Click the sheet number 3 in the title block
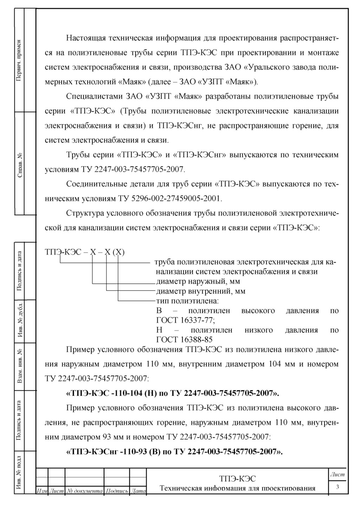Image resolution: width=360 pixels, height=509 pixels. (x=337, y=487)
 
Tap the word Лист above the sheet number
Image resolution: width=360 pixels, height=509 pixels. (x=337, y=475)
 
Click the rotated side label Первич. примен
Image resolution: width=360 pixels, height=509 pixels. (x=19, y=60)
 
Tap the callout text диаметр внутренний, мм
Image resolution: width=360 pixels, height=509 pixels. (x=200, y=291)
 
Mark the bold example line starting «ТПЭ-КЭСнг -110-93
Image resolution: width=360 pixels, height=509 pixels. (x=174, y=452)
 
